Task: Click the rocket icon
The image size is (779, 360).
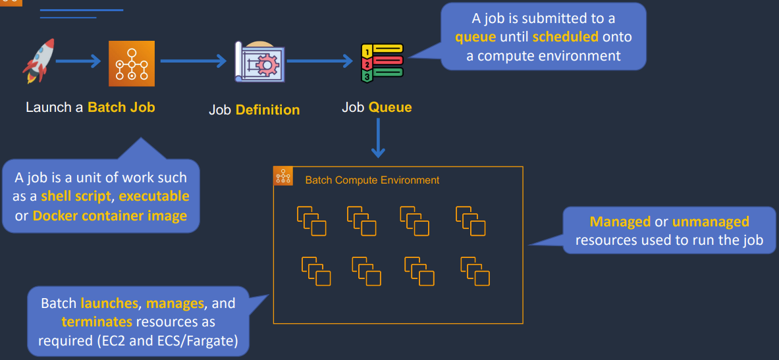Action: tap(38, 61)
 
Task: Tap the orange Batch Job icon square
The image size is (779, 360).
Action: tap(131, 63)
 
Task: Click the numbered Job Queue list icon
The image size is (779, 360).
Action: tap(381, 63)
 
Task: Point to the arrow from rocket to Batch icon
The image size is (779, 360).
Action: tap(78, 62)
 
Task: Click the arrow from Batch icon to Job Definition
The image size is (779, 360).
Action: tap(193, 62)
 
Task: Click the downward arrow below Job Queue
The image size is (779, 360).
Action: tap(378, 138)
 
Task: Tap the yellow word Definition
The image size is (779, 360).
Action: tap(267, 110)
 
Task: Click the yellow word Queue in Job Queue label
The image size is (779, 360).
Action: tap(390, 107)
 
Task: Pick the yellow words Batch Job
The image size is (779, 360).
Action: tap(121, 107)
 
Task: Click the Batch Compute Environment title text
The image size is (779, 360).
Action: tap(372, 180)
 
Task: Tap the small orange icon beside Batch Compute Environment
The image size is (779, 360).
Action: tap(283, 176)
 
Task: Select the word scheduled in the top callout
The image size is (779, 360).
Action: tap(565, 37)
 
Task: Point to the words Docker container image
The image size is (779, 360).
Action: tap(109, 215)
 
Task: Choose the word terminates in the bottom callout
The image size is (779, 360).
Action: tap(97, 322)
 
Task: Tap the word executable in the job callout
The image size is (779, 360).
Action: tap(153, 196)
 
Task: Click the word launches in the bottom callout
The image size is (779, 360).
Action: tap(110, 303)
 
